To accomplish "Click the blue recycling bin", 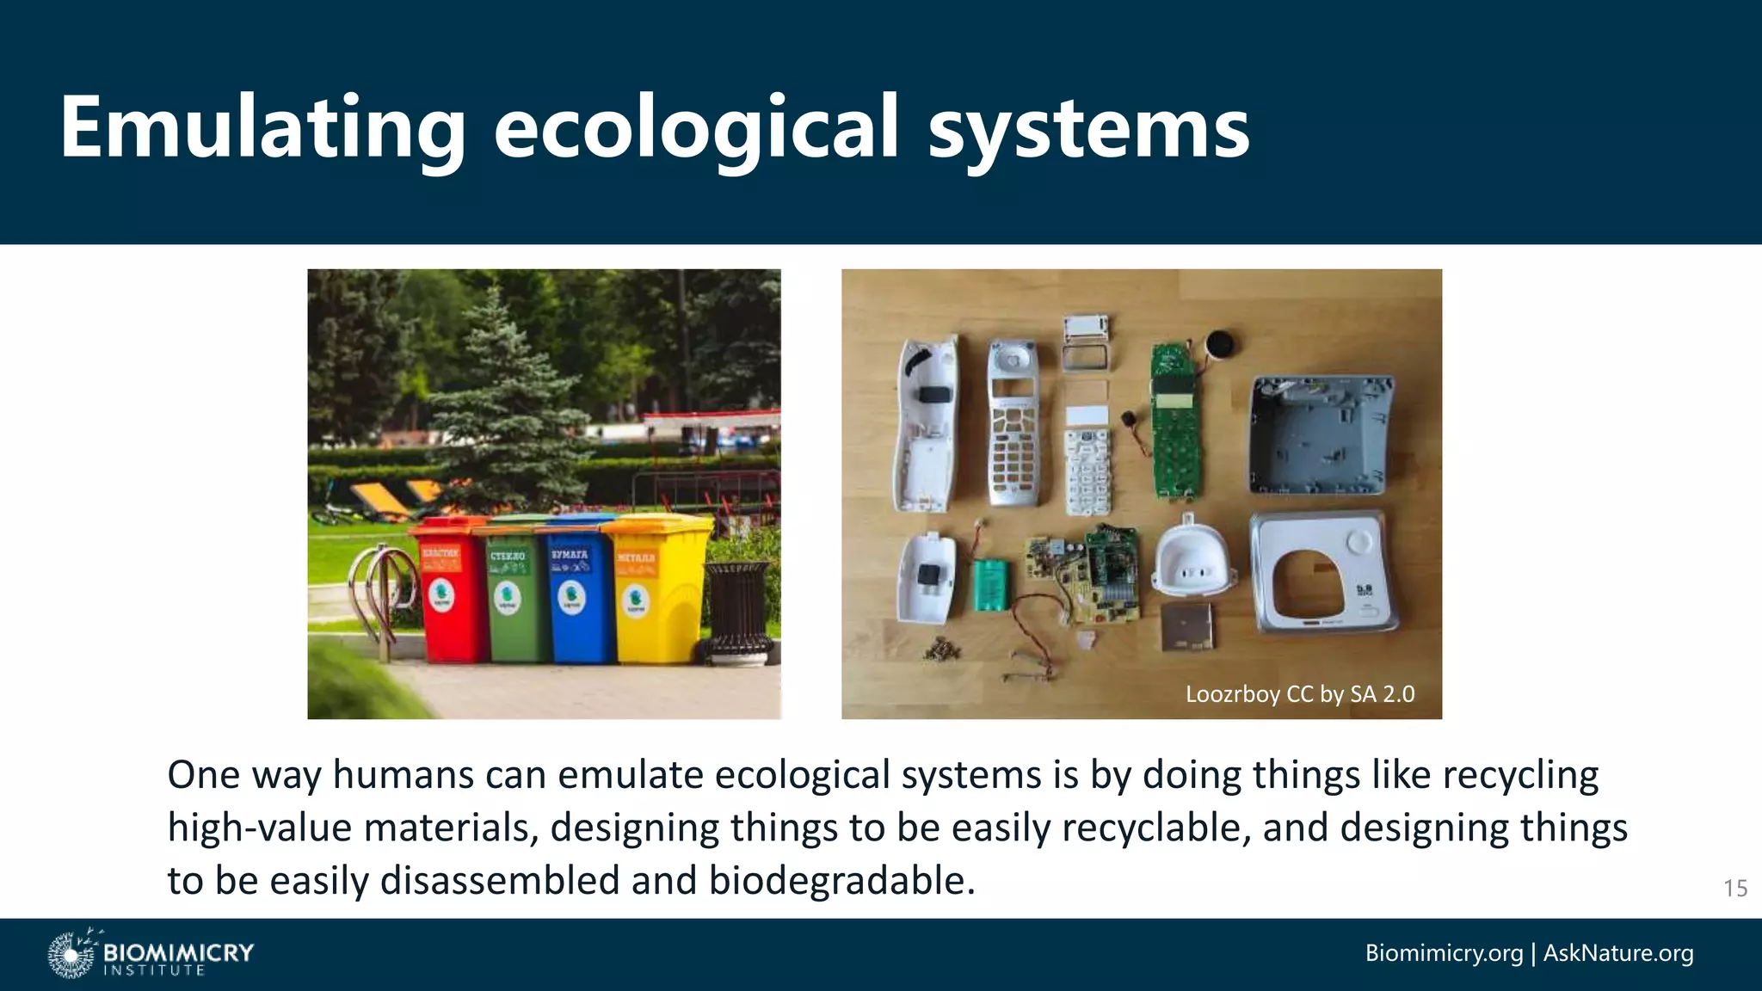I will click(575, 594).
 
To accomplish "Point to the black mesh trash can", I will click(736, 611).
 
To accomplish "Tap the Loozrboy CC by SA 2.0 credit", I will click(1299, 693).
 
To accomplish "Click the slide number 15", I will click(1734, 888).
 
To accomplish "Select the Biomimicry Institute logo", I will click(151, 953).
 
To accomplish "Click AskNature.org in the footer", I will click(1617, 953).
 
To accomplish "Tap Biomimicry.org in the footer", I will click(1443, 953).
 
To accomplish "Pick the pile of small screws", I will click(940, 647).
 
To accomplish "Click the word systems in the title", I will click(1088, 129).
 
